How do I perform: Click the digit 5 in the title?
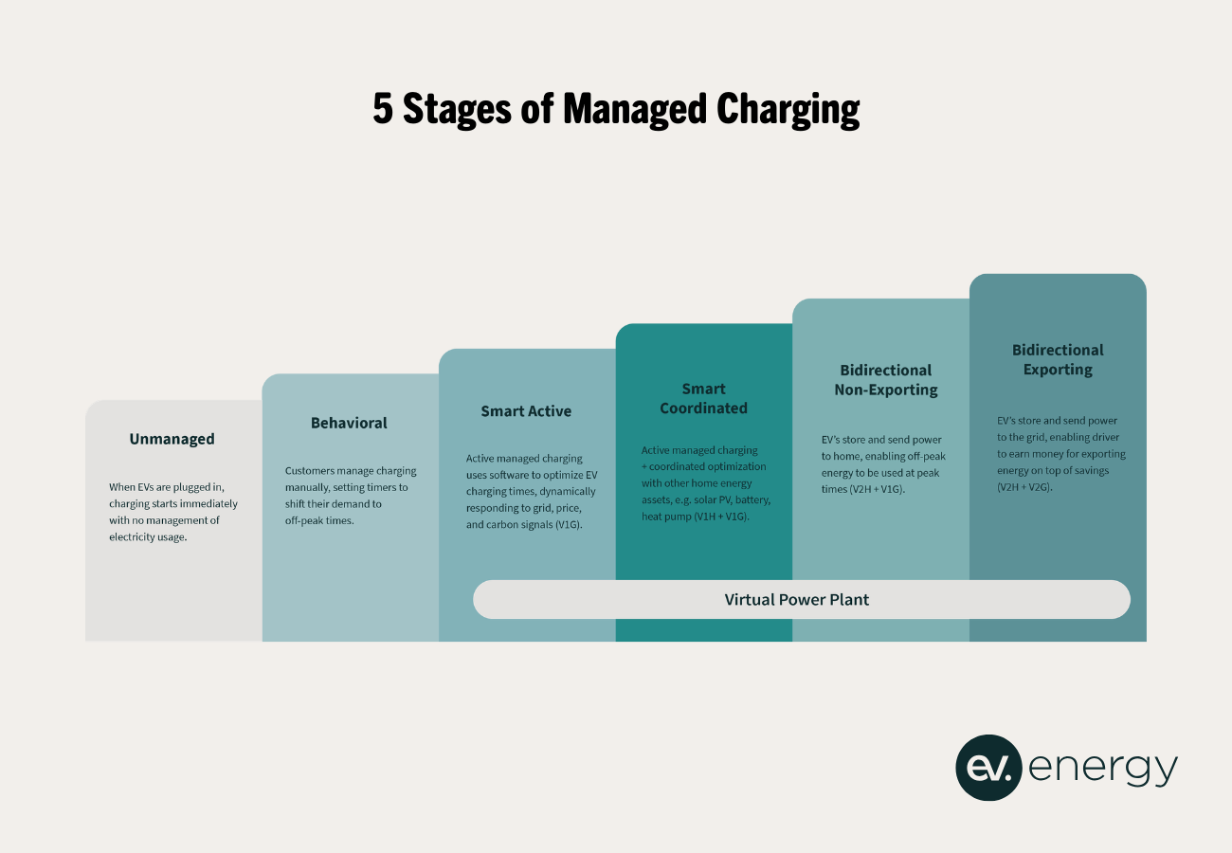click(x=382, y=110)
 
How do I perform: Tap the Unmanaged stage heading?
click(x=172, y=439)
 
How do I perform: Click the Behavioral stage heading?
click(x=349, y=423)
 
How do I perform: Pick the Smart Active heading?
click(x=526, y=411)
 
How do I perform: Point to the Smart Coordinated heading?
click(x=703, y=398)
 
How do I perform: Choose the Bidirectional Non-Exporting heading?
click(x=885, y=379)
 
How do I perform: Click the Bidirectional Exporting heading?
click(x=1058, y=359)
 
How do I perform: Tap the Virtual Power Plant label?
click(x=796, y=599)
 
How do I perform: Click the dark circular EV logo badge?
click(x=988, y=768)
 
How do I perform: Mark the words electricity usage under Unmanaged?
click(x=148, y=537)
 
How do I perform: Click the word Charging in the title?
click(x=788, y=110)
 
